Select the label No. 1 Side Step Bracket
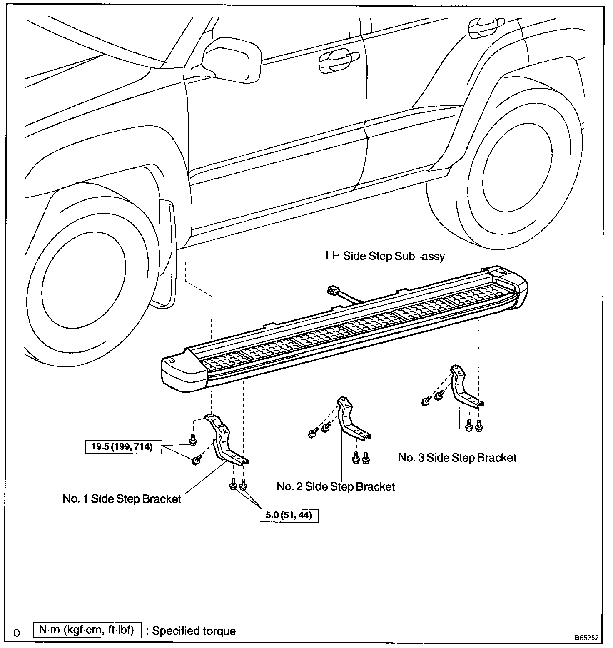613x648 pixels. pos(122,499)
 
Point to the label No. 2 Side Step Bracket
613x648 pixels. pos(336,486)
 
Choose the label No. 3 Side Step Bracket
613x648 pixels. pos(457,458)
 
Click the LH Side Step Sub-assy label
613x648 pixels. pos(385,256)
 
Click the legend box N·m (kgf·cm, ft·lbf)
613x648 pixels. pos(87,630)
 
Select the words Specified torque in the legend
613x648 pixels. pos(194,631)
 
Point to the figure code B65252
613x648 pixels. pos(586,638)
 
